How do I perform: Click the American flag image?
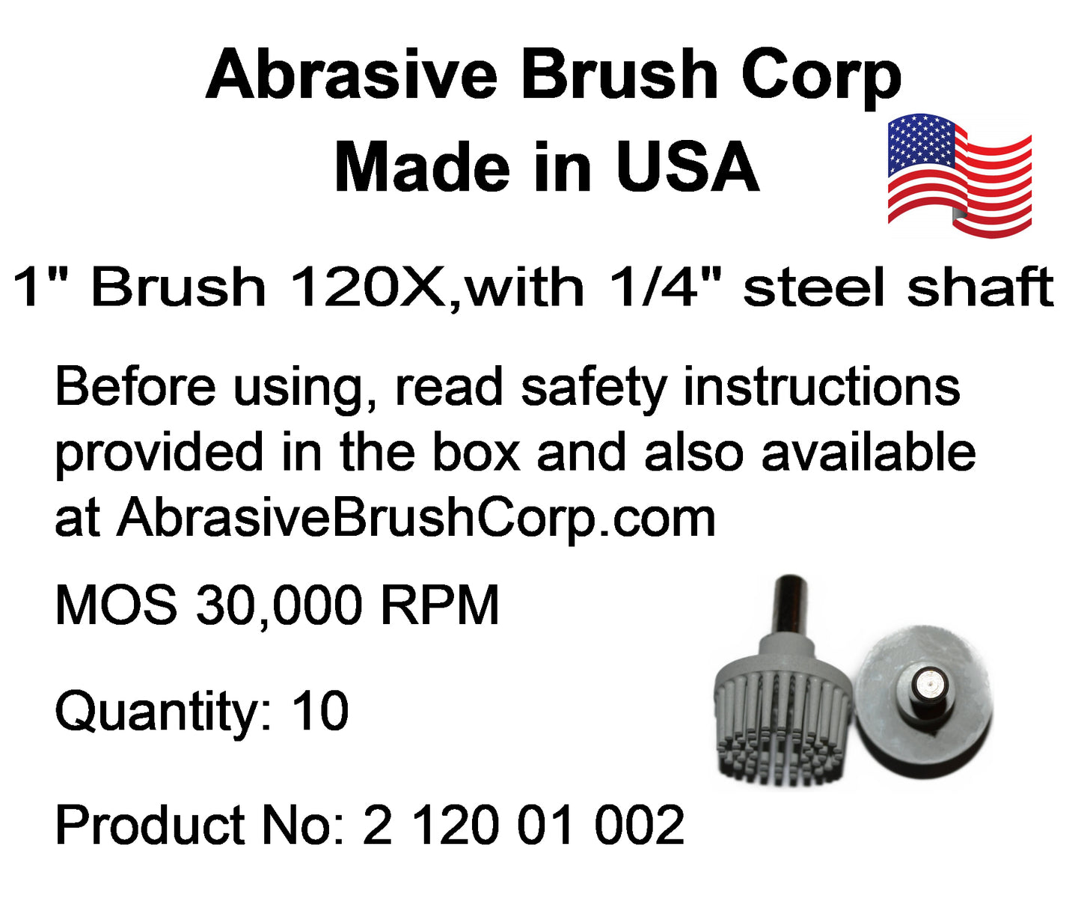pos(959,176)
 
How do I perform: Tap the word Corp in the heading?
pos(821,78)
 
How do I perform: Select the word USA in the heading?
pos(688,168)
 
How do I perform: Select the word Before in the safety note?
pos(135,387)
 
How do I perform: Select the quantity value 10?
pos(320,712)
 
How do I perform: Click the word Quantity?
pos(162,714)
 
